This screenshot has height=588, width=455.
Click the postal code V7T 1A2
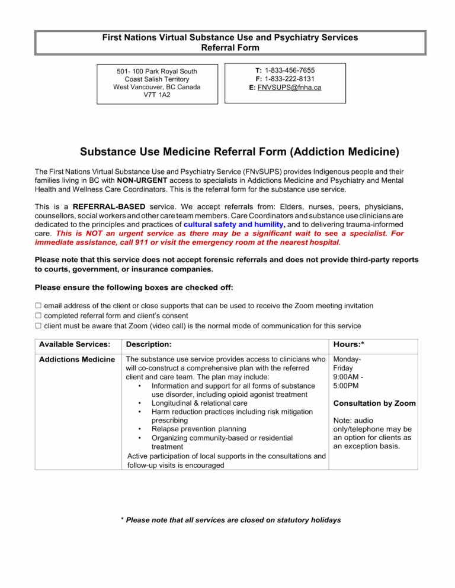pyautogui.click(x=156, y=95)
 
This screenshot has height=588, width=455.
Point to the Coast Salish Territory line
pyautogui.click(x=156, y=79)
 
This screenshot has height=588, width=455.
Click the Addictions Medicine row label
pyautogui.click(x=75, y=360)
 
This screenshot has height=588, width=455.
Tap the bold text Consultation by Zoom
pyautogui.click(x=375, y=403)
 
